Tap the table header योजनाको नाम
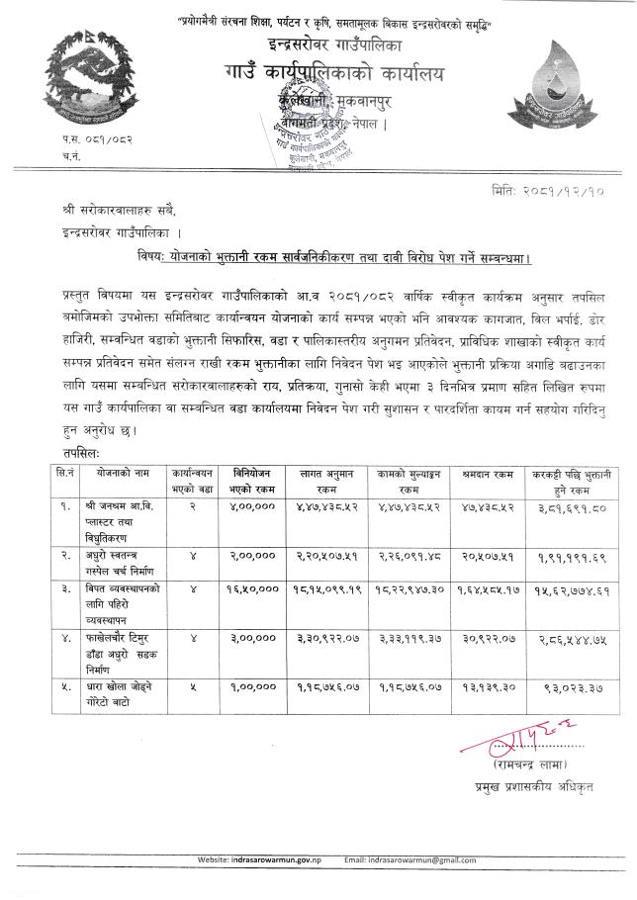(x=122, y=475)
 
